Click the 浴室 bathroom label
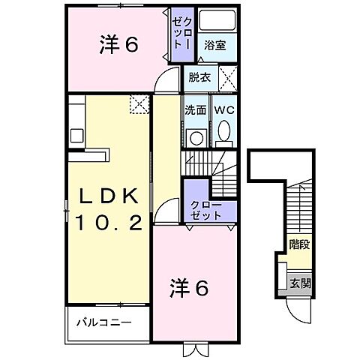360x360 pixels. (x=214, y=45)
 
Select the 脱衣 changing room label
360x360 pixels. (x=199, y=76)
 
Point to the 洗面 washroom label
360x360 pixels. (x=196, y=109)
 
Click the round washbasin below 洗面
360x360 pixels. (x=196, y=137)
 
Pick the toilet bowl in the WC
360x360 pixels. (x=223, y=135)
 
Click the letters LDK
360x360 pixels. (x=108, y=197)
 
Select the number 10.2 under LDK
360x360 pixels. (x=108, y=223)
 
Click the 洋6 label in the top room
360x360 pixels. (x=118, y=45)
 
